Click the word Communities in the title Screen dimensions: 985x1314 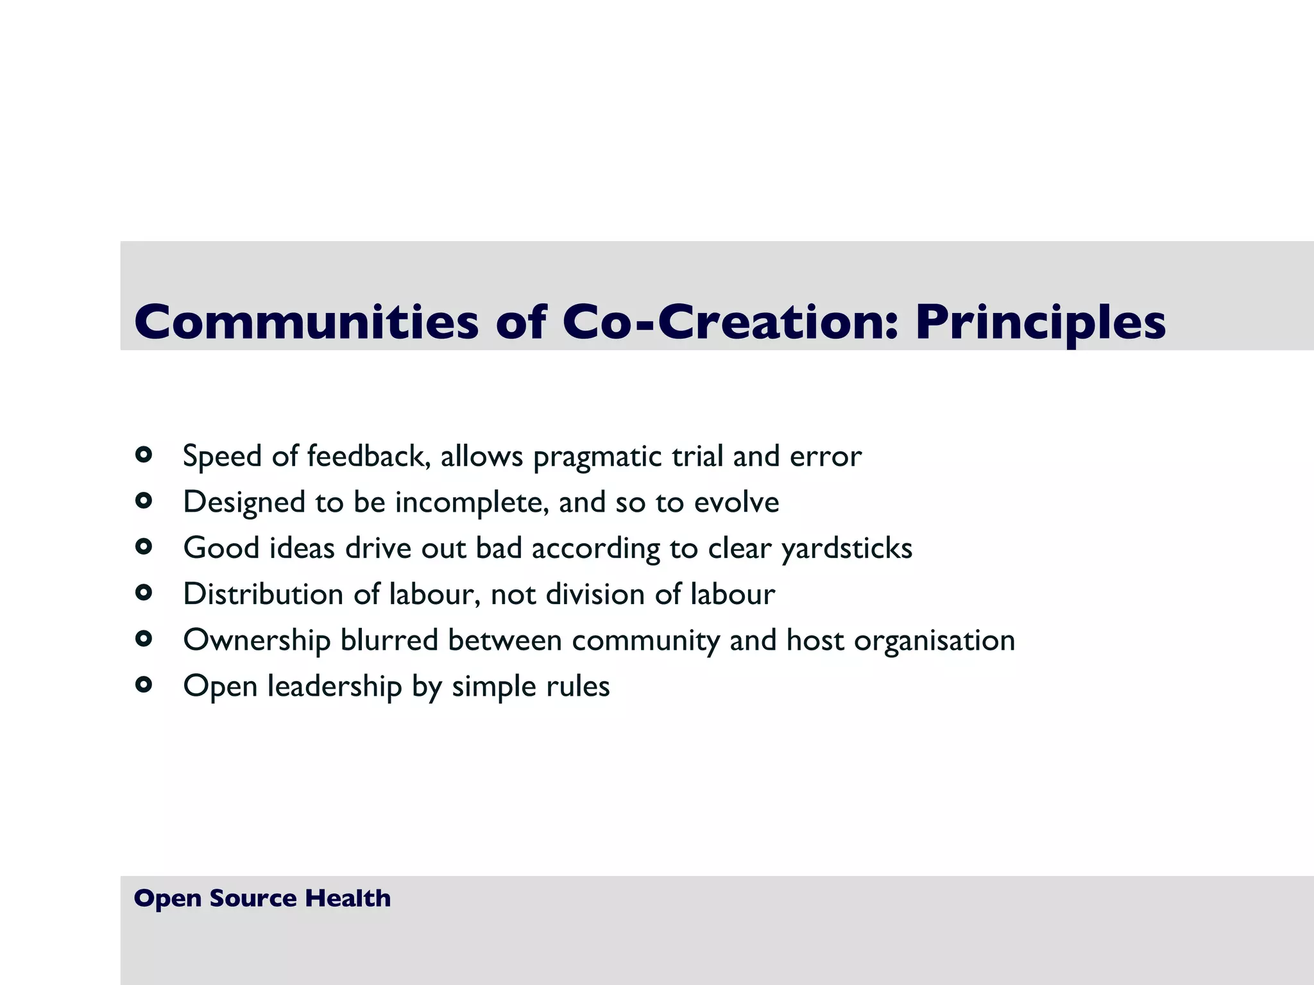(306, 322)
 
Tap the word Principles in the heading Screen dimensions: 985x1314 (1039, 322)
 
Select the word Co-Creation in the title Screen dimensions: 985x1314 (721, 322)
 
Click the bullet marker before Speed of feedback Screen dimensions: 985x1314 (144, 455)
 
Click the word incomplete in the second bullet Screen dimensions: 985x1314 (472, 503)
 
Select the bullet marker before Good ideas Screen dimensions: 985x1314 (144, 547)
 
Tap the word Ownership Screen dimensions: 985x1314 (256, 641)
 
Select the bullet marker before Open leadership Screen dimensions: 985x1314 (144, 685)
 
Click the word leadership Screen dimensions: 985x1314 (334, 687)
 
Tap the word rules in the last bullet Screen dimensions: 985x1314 (577, 687)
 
